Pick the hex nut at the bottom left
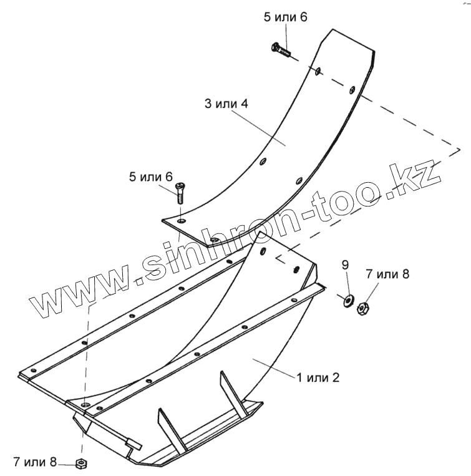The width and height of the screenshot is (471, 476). coord(80,463)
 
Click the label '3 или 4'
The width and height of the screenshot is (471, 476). coord(225,104)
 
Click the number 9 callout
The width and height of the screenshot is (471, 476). coord(345,265)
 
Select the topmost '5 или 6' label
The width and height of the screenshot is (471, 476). coord(286,17)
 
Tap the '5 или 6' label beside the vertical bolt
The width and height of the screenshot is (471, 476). coord(150,177)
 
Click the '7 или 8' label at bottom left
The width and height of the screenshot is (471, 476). coord(34,462)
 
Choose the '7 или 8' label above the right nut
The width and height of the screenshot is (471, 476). coord(387,274)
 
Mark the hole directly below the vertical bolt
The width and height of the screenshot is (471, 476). coord(181,221)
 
